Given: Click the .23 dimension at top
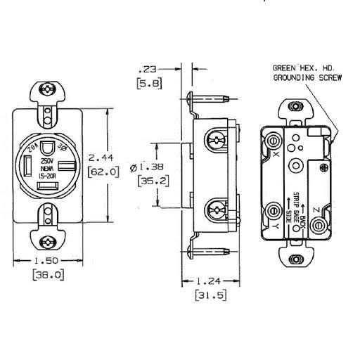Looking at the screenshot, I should (x=148, y=68).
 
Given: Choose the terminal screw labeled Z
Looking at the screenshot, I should (x=320, y=225).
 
